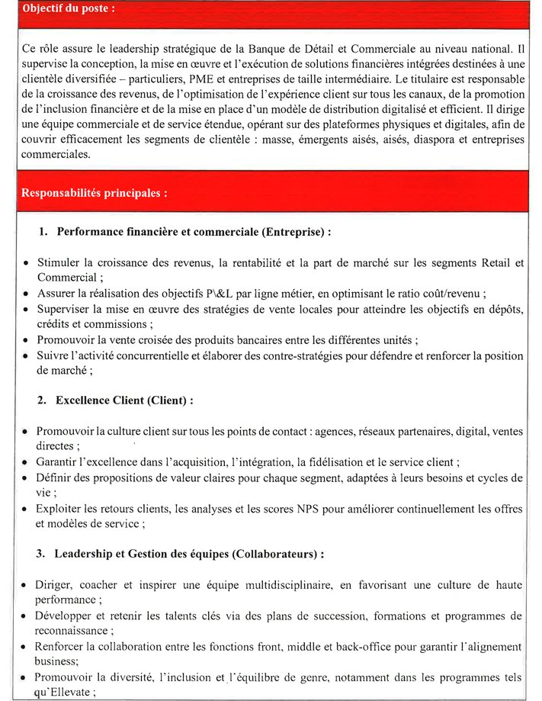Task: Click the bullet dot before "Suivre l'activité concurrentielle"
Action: pos(27,356)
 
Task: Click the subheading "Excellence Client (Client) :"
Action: pos(125,400)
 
